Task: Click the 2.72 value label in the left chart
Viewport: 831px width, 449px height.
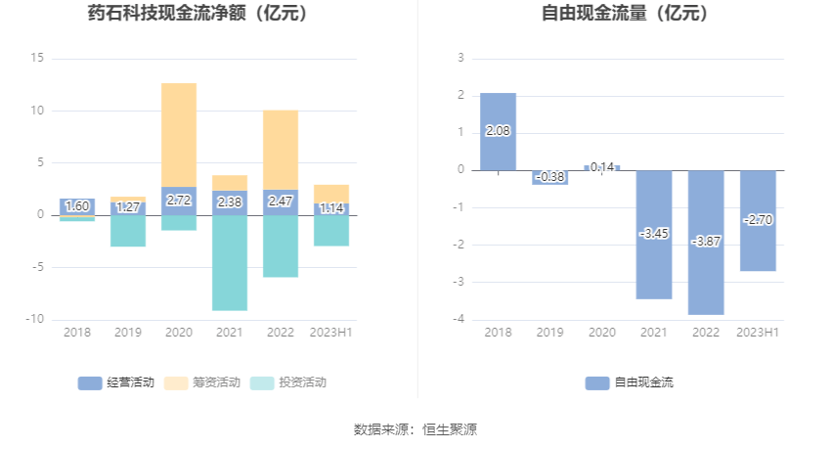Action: pos(179,201)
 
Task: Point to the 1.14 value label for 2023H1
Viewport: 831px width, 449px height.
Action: pos(331,208)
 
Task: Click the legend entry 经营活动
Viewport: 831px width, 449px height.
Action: pos(116,382)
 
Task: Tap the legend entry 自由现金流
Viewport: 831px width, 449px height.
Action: pos(630,382)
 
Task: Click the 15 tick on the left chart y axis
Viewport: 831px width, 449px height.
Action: pos(38,58)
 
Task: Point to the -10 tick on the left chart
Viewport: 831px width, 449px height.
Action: pos(35,319)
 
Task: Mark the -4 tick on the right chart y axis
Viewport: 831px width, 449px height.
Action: pos(459,320)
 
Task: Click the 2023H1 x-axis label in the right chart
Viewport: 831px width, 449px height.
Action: pos(758,333)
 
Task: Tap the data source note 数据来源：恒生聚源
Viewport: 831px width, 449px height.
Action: pos(415,429)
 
